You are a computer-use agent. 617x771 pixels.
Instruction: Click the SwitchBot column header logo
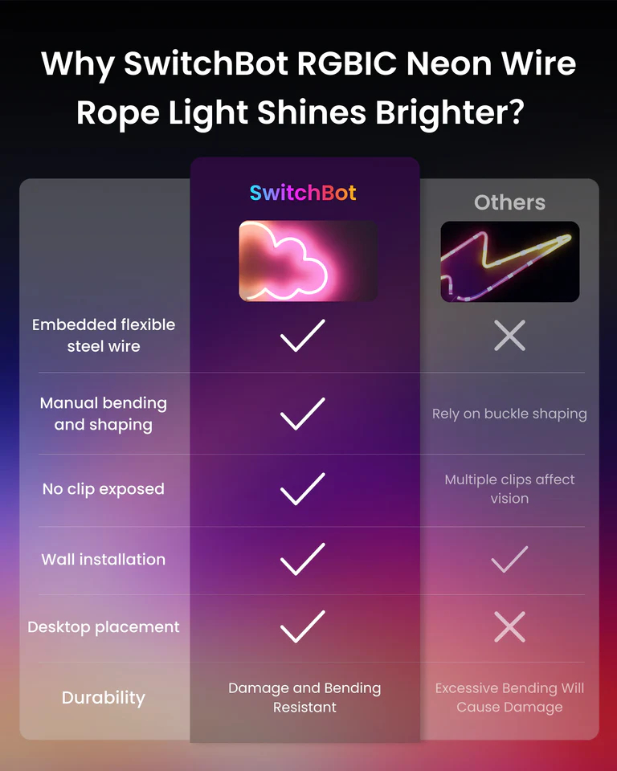pyautogui.click(x=303, y=193)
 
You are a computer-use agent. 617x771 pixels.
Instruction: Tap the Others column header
pyautogui.click(x=509, y=202)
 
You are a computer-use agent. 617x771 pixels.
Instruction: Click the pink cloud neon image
pyautogui.click(x=308, y=261)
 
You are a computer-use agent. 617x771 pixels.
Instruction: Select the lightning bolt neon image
pyautogui.click(x=509, y=261)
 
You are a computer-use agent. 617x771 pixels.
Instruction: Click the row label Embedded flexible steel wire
pyautogui.click(x=103, y=336)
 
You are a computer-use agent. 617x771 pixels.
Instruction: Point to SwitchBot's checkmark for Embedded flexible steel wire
pyautogui.click(x=303, y=335)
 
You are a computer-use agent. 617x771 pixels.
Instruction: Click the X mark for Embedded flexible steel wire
pyautogui.click(x=509, y=335)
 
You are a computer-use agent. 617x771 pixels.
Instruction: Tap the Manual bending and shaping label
pyautogui.click(x=103, y=414)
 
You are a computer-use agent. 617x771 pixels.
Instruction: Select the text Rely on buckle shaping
pyautogui.click(x=509, y=414)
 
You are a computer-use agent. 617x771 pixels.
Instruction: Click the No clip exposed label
pyautogui.click(x=103, y=489)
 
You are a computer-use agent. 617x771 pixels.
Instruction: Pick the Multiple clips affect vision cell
pyautogui.click(x=509, y=489)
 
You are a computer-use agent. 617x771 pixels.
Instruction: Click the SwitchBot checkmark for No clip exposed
pyautogui.click(x=303, y=489)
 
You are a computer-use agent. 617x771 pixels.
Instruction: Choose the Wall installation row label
pyautogui.click(x=103, y=560)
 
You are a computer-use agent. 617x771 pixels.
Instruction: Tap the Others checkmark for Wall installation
pyautogui.click(x=509, y=560)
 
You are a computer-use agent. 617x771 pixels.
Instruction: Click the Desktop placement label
pyautogui.click(x=103, y=627)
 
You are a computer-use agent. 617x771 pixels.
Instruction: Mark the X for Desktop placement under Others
pyautogui.click(x=509, y=627)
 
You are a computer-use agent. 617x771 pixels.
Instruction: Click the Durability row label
pyautogui.click(x=103, y=697)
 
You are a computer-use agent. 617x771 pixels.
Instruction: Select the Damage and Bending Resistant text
pyautogui.click(x=304, y=697)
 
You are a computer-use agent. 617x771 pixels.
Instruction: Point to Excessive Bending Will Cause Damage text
pyautogui.click(x=509, y=697)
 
